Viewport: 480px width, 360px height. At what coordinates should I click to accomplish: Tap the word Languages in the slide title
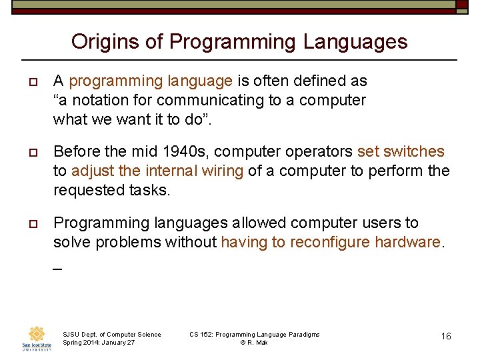pyautogui.click(x=355, y=41)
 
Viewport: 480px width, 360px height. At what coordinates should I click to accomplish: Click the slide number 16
pyautogui.click(x=446, y=336)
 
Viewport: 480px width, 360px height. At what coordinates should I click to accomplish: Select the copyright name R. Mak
pyautogui.click(x=259, y=343)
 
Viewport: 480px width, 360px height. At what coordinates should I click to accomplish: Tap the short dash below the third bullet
pyautogui.click(x=57, y=269)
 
